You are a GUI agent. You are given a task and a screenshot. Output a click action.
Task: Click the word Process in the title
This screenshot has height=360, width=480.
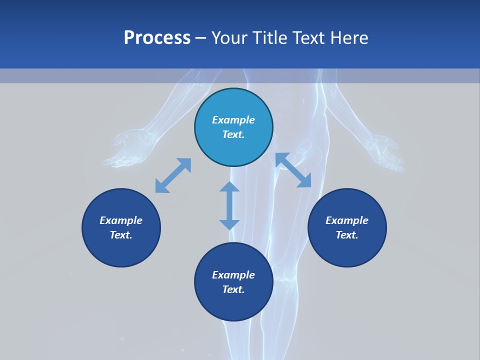[157, 38]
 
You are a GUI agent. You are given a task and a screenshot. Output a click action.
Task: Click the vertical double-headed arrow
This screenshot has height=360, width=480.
[229, 205]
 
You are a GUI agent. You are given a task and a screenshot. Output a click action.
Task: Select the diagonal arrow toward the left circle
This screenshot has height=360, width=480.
[173, 175]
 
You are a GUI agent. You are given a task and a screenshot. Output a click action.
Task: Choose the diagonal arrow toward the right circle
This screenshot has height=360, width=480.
[293, 170]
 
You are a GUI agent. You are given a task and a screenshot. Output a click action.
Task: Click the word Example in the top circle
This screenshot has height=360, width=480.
[233, 120]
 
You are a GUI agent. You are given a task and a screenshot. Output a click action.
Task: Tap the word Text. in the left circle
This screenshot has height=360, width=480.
[121, 235]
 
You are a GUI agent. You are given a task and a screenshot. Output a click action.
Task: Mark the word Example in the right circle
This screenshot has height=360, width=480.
[347, 220]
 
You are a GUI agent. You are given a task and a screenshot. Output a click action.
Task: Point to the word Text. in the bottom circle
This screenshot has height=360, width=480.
[233, 289]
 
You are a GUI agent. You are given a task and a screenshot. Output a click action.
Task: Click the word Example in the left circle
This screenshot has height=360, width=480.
[121, 220]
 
